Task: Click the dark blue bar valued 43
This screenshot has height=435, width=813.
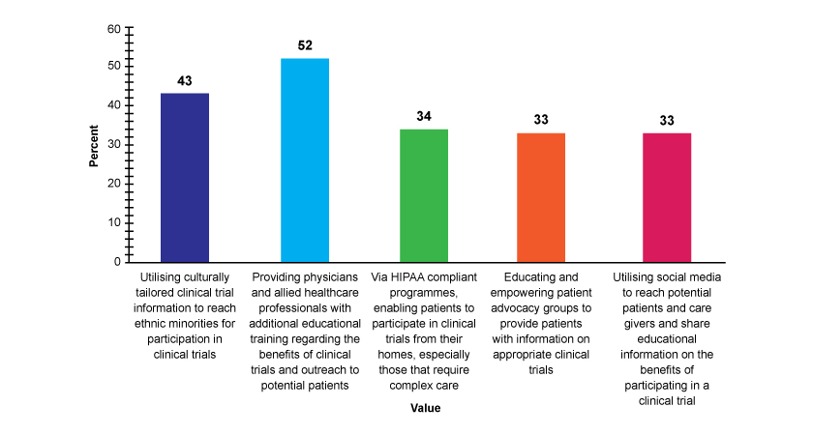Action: pos(185,177)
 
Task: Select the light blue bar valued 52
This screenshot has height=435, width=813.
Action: pos(305,159)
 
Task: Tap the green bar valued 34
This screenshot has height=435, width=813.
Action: pos(424,195)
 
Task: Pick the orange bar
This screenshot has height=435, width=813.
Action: pos(541,197)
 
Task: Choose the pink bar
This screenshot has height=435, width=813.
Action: pos(667,197)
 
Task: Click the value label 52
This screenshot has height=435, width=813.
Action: pos(305,45)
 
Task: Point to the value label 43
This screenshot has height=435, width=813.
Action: pos(185,80)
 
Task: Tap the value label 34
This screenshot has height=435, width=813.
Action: pos(424,116)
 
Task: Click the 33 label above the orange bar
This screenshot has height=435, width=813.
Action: pos(541,120)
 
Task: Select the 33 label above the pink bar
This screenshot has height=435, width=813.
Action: pos(667,120)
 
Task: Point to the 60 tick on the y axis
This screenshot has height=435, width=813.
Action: pos(113,29)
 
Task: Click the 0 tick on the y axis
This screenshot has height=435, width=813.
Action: pos(116,261)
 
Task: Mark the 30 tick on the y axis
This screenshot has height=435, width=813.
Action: pos(113,145)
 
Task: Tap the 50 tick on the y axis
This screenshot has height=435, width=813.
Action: pos(113,67)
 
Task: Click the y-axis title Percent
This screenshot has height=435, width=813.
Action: pos(94,145)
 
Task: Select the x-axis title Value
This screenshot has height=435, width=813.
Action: pos(424,408)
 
